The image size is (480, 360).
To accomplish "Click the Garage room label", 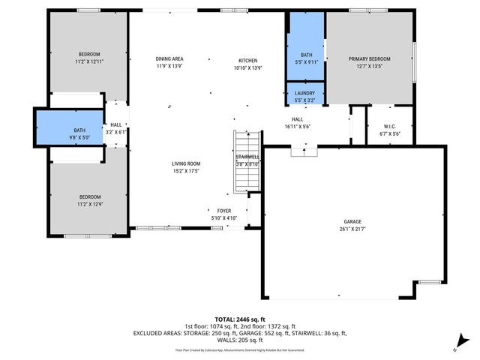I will (x=352, y=221).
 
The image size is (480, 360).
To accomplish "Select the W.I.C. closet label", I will (x=390, y=126).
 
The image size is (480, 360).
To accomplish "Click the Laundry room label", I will (x=304, y=93).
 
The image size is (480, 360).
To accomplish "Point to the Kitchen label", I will (x=247, y=60).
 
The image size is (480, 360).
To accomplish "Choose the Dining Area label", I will (x=169, y=58).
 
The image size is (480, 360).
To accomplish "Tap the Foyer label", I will (x=224, y=211).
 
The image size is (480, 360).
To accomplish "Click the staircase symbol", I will (x=246, y=161).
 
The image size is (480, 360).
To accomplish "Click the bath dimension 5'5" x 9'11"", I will (x=306, y=63).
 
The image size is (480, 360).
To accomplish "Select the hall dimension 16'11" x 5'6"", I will (x=298, y=127).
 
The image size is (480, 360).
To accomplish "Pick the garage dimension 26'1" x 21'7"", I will (x=352, y=229).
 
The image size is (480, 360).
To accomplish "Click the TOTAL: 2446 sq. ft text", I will (x=240, y=319).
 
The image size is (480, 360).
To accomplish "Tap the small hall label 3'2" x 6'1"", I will (x=116, y=132).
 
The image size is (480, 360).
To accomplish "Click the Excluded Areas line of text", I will (x=240, y=332).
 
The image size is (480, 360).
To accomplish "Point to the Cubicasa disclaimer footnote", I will (x=240, y=349).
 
